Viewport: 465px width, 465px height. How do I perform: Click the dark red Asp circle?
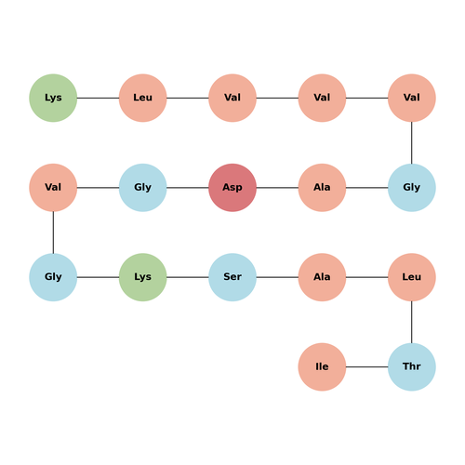tap(232, 188)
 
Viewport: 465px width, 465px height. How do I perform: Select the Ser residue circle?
tap(232, 277)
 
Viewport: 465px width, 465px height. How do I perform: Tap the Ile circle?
tap(322, 366)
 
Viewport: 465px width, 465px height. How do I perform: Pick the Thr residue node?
tap(412, 366)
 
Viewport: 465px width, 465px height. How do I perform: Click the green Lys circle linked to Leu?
tap(53, 98)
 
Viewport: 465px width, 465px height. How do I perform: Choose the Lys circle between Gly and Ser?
tap(143, 277)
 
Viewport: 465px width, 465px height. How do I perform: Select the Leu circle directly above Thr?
tap(412, 277)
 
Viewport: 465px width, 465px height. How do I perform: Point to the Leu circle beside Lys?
tap(143, 98)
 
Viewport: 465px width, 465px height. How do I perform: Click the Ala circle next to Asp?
tap(322, 188)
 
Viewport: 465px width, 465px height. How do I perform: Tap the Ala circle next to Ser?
tap(322, 277)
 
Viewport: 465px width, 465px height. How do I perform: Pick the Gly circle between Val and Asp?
tap(143, 188)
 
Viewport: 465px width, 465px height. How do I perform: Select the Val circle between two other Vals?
tap(322, 98)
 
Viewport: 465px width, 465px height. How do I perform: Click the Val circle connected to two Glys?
tap(53, 188)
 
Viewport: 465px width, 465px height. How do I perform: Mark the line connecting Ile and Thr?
tap(367, 366)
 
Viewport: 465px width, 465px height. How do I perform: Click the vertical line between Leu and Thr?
tap(412, 322)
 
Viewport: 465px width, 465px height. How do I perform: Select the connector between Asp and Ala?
tap(277, 188)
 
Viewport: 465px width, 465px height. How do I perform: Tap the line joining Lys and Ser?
tap(188, 277)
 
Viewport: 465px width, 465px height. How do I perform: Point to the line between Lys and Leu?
tap(98, 98)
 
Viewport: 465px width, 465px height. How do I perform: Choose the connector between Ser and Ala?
tap(277, 277)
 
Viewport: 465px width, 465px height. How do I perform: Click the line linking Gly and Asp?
tap(188, 188)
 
